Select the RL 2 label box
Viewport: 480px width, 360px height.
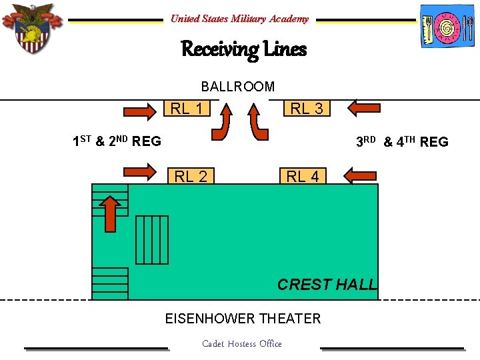(191, 176)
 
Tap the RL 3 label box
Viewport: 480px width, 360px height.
(307, 108)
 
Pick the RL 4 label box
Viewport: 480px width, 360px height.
(303, 176)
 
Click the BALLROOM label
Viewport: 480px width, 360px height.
(238, 86)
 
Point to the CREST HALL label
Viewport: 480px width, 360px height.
(327, 285)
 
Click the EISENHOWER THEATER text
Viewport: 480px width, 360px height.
(243, 319)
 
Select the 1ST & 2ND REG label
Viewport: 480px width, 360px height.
(117, 141)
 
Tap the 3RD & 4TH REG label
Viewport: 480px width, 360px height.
(402, 141)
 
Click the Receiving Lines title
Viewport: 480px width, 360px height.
(243, 49)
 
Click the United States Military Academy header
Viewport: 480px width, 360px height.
(239, 19)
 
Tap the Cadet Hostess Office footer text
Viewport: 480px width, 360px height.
(241, 344)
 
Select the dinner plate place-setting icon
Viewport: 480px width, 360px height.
(447, 27)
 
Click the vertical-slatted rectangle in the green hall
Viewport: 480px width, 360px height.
(152, 239)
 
